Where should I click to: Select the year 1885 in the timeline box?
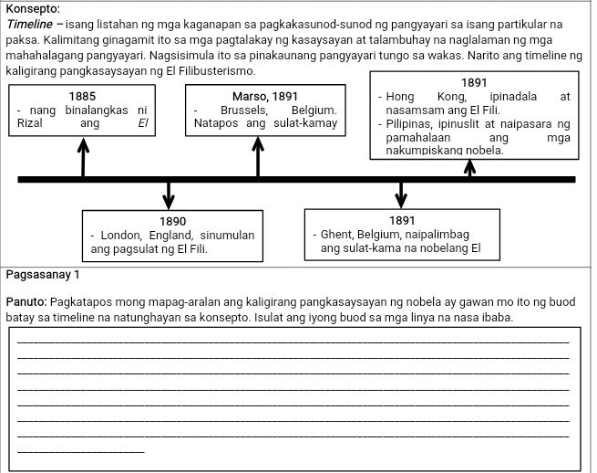point(82,95)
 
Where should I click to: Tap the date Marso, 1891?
point(264,95)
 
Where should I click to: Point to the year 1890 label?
point(173,221)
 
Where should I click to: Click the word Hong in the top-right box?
point(400,96)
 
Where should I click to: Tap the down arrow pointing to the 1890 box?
point(169,194)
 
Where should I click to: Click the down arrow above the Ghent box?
point(401,194)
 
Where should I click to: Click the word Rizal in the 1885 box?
point(20,123)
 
